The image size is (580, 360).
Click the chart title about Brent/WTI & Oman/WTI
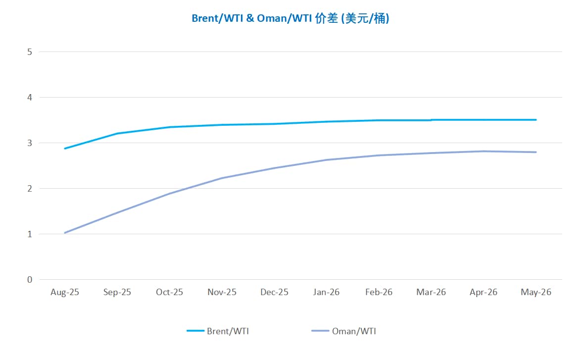pyautogui.click(x=290, y=19)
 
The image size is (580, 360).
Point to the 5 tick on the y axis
pyautogui.click(x=30, y=51)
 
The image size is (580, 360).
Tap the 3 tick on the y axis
pyautogui.click(x=30, y=143)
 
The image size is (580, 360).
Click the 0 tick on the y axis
pyautogui.click(x=30, y=280)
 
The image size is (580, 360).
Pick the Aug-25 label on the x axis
pyautogui.click(x=65, y=292)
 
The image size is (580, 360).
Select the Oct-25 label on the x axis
pyautogui.click(x=169, y=292)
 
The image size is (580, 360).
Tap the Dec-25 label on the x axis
pyautogui.click(x=274, y=292)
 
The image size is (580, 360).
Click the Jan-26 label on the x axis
pyautogui.click(x=327, y=292)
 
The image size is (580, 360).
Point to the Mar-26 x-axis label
pyautogui.click(x=431, y=292)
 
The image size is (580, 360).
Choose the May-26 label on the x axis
pyautogui.click(x=535, y=292)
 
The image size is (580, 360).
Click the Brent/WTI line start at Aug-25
pyautogui.click(x=65, y=149)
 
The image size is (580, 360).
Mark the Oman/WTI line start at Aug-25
pyautogui.click(x=65, y=233)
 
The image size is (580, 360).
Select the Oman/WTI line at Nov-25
pyautogui.click(x=222, y=178)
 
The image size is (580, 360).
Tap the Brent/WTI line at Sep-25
pyautogui.click(x=117, y=133)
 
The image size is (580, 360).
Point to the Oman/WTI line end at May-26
pyautogui.click(x=536, y=152)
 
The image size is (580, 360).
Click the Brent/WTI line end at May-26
pyautogui.click(x=536, y=120)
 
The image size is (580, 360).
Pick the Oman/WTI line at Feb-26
pyautogui.click(x=379, y=155)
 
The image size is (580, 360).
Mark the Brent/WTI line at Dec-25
pyautogui.click(x=274, y=124)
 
